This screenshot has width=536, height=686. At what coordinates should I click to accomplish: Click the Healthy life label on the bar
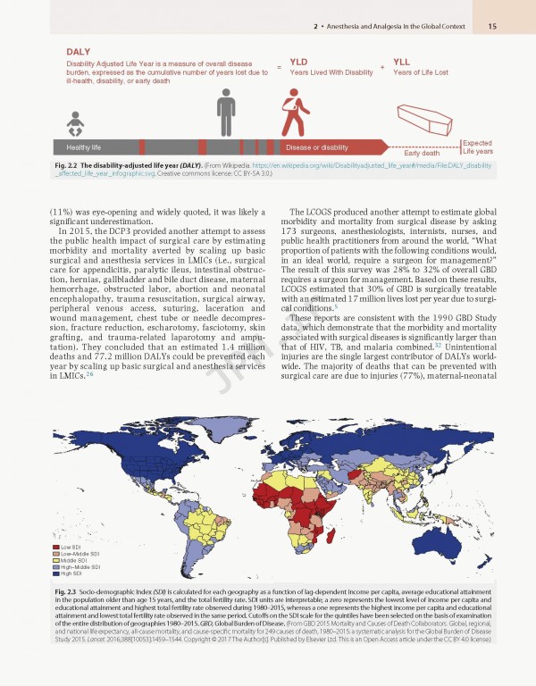78,146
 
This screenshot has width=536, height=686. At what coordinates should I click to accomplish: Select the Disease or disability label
316,146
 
